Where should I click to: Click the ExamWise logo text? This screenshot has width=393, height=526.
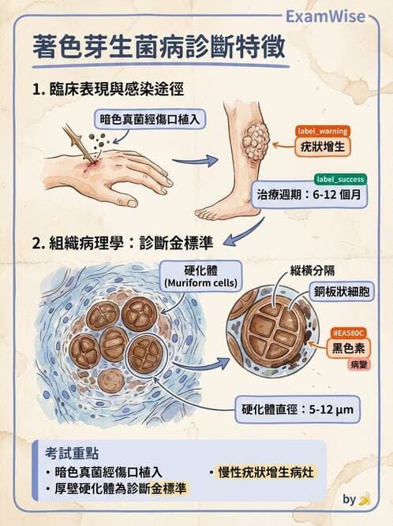(x=325, y=17)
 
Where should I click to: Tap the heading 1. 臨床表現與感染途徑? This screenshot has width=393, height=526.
(x=108, y=89)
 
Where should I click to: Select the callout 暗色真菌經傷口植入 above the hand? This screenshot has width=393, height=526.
(x=150, y=119)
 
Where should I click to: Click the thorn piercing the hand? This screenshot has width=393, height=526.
(x=79, y=143)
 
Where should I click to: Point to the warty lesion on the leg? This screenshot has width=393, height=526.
(x=256, y=140)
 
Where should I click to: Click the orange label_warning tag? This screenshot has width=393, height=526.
(x=323, y=131)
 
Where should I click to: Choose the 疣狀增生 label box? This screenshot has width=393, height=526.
(x=323, y=147)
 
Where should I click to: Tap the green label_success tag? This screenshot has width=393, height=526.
(x=340, y=180)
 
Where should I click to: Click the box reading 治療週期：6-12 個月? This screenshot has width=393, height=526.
(x=309, y=194)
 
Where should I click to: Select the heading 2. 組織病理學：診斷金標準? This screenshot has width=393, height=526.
(x=122, y=243)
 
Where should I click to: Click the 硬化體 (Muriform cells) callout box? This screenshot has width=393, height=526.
(x=200, y=277)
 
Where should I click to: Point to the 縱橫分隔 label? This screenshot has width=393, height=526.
(x=313, y=270)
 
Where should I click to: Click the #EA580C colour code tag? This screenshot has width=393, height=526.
(x=348, y=334)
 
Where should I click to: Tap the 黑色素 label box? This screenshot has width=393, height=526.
(x=348, y=349)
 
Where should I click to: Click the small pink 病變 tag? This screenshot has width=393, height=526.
(x=359, y=364)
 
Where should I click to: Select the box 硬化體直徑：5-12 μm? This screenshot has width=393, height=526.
(x=298, y=409)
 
